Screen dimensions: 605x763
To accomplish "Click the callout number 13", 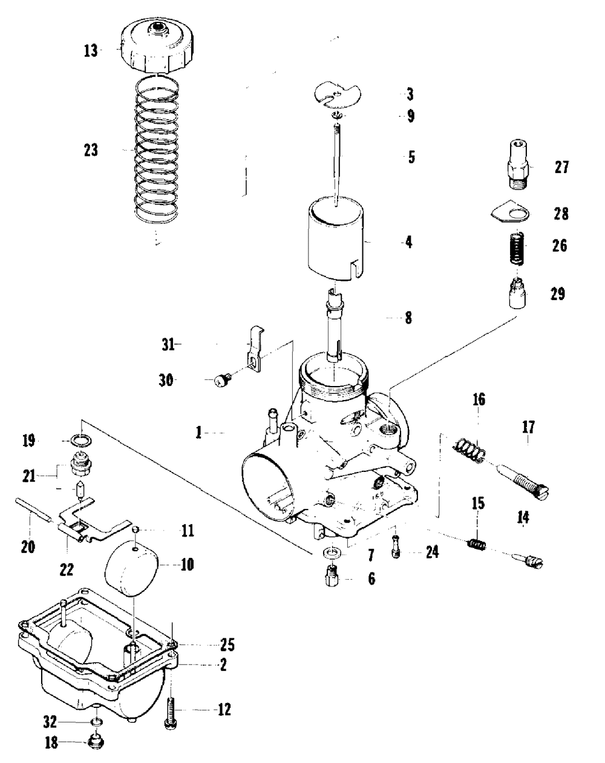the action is coord(91,50).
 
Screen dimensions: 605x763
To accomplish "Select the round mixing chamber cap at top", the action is coord(156,45).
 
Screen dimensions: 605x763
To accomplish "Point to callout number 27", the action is coord(561,167).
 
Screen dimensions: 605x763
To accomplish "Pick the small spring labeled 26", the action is coord(517,249).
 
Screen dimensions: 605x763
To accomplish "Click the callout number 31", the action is coord(168,345).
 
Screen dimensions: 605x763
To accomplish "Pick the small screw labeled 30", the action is coord(223,381).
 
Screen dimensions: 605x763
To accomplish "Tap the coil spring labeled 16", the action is coord(471,451).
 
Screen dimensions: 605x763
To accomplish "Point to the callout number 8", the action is coord(409,318).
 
